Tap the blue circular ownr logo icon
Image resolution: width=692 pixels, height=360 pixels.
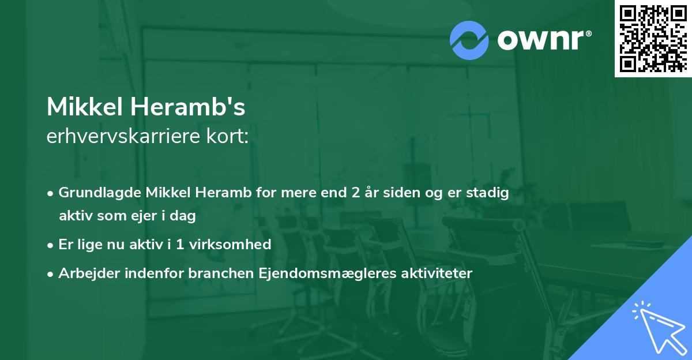tap(469, 40)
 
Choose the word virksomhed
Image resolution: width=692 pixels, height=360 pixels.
tap(236, 245)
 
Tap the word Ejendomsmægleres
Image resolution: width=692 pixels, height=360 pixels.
tap(315, 273)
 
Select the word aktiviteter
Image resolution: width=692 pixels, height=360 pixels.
tap(437, 273)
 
